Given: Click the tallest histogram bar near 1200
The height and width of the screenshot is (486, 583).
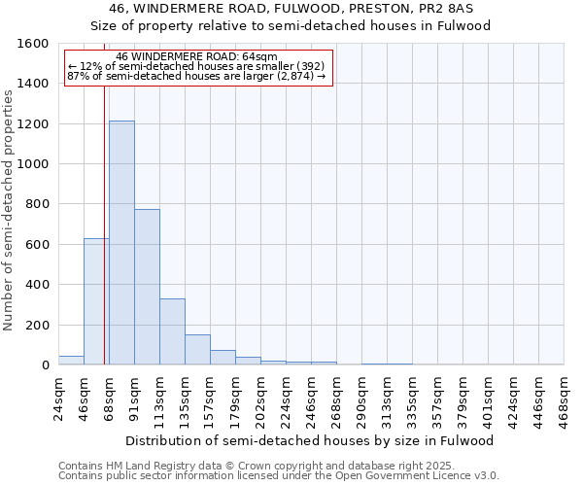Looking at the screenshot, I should [121, 243].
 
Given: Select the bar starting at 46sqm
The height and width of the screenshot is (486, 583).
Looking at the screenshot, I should [96, 301].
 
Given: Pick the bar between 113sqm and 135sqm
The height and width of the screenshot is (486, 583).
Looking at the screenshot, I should [172, 331].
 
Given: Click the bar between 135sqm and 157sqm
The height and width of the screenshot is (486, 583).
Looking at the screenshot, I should [197, 350].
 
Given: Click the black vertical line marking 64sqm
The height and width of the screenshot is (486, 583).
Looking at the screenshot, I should [104, 243].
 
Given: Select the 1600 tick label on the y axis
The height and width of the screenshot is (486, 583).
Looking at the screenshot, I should [33, 44].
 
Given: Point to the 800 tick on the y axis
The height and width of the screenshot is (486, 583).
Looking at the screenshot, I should [37, 204].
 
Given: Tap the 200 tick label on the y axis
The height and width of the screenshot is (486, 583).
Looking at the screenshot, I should [37, 325].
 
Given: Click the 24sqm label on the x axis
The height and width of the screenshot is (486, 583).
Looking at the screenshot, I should [59, 396].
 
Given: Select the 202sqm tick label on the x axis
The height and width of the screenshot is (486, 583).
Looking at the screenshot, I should [261, 398].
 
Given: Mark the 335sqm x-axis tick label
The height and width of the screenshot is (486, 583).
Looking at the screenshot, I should [413, 398].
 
